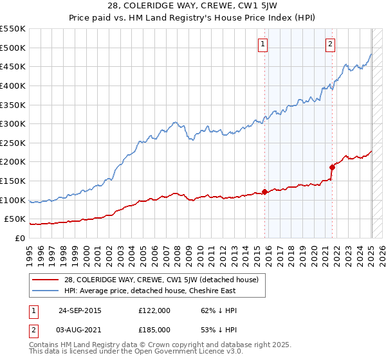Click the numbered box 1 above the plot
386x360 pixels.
click(x=264, y=44)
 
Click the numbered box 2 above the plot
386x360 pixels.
click(x=330, y=44)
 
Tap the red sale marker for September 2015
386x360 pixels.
click(x=264, y=192)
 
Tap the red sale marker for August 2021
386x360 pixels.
click(x=333, y=167)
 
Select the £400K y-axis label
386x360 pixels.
click(x=14, y=85)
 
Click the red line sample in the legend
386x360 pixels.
click(x=46, y=280)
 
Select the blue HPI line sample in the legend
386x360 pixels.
click(x=46, y=291)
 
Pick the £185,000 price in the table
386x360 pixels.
click(x=158, y=329)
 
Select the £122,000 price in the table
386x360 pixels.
click(x=158, y=310)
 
